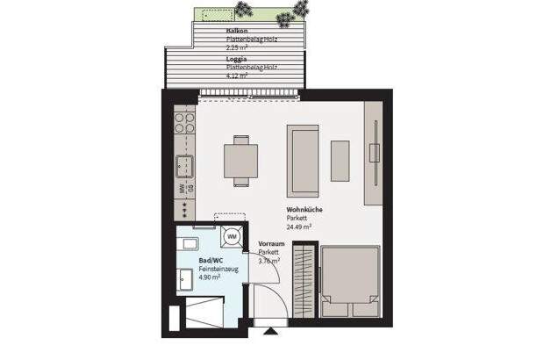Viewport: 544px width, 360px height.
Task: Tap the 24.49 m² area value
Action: coord(300,226)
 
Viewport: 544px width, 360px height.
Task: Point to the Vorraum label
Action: coord(271,245)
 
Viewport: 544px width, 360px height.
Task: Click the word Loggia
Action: coord(212,59)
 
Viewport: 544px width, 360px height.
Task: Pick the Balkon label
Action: coord(212,31)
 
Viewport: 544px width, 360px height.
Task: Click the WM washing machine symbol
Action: coord(233,236)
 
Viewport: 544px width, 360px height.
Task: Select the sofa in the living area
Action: coord(303,160)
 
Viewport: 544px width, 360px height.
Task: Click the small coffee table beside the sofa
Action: coord(340,160)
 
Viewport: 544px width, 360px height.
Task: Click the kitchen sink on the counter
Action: coord(184,164)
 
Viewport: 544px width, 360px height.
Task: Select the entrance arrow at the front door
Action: coord(268,332)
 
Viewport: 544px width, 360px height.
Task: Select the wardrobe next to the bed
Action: coord(304,283)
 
